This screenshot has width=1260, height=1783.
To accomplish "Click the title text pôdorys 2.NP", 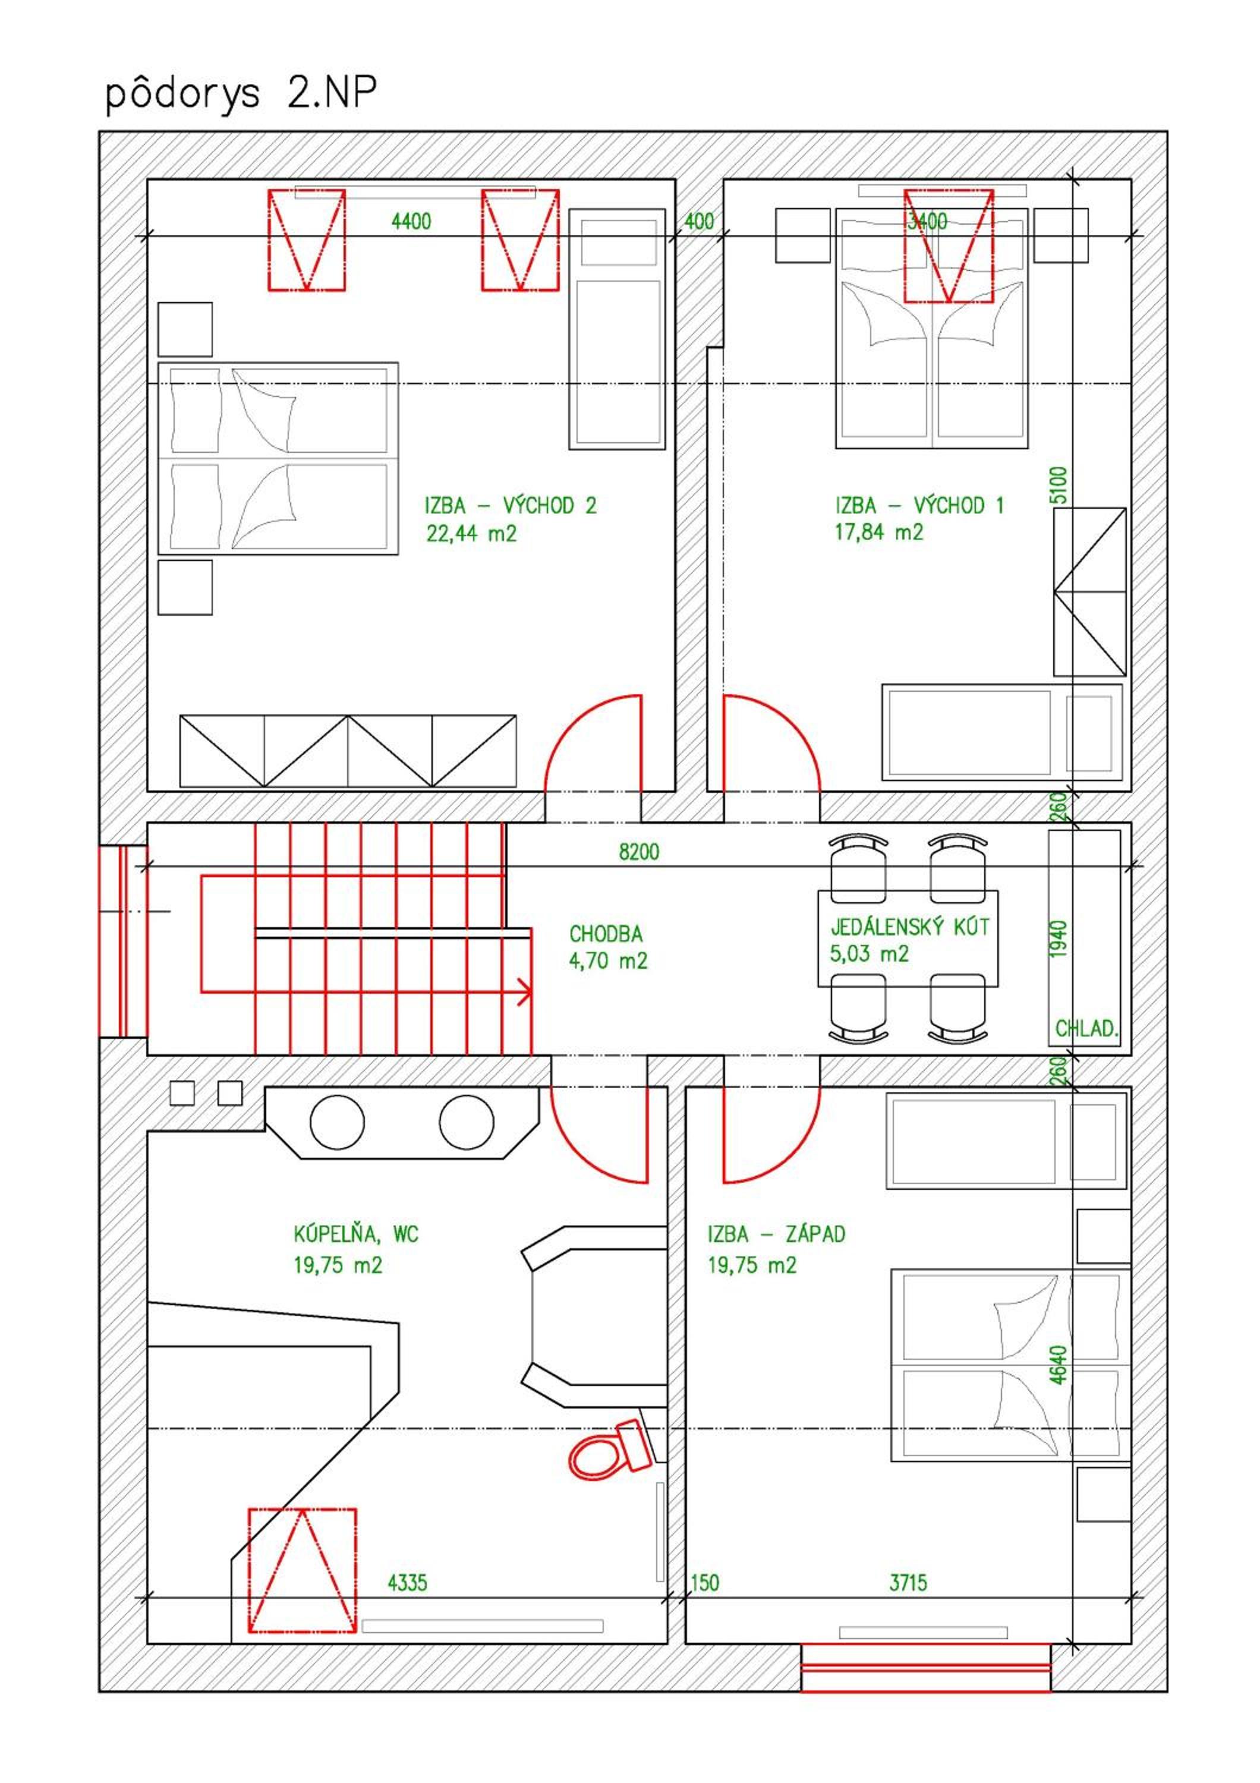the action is [241, 94].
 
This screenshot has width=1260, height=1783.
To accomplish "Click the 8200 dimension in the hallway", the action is [639, 852].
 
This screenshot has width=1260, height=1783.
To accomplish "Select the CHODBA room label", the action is [606, 934].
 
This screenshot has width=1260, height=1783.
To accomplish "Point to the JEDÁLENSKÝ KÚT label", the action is [910, 927].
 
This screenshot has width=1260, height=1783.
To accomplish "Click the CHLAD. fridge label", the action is [1086, 1029].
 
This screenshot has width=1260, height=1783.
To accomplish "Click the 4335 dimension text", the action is [408, 1583].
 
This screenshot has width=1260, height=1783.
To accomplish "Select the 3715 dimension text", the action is [908, 1583].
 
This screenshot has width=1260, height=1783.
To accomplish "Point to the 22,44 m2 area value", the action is [471, 534].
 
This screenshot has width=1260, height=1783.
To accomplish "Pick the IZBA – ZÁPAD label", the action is [776, 1234].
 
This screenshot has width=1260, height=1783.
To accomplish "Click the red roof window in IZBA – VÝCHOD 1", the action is [949, 246].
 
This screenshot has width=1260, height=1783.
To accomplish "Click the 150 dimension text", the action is [705, 1583].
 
